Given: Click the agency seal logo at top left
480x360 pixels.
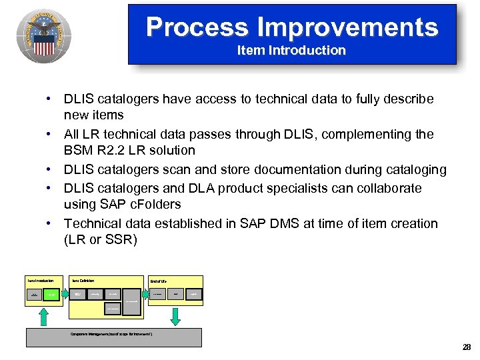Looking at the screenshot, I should tap(43, 35).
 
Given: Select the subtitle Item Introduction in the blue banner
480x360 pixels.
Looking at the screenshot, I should tap(291, 51).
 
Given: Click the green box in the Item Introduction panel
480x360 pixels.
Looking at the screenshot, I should tap(52, 294).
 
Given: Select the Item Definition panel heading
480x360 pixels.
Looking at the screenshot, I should tap(84, 281).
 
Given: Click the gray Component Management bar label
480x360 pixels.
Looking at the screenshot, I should tap(112, 334).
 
